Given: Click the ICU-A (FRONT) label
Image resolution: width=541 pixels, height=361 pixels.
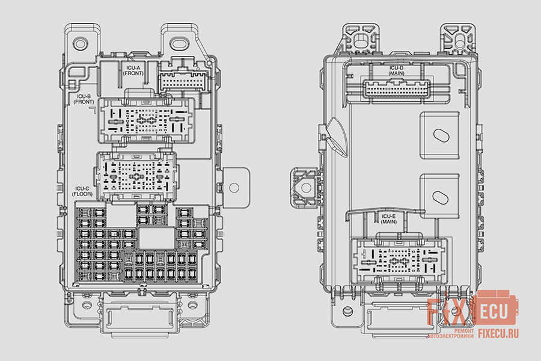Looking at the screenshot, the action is tap(133, 71).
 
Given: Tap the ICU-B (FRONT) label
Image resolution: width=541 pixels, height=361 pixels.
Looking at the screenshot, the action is tap(84, 99).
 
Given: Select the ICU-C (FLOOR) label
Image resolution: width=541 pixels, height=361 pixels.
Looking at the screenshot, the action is tap(82, 191).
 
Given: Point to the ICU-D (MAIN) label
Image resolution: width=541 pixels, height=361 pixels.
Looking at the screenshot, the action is tap(396, 71).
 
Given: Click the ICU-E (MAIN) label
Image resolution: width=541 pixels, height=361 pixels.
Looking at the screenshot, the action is tap(388, 219).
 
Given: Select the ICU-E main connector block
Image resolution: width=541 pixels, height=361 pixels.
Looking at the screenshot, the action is tap(399, 260).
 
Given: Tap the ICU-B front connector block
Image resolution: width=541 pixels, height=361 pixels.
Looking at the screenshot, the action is tap(147, 120).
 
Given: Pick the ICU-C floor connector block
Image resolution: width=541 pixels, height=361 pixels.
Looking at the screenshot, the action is tap(136, 176).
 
